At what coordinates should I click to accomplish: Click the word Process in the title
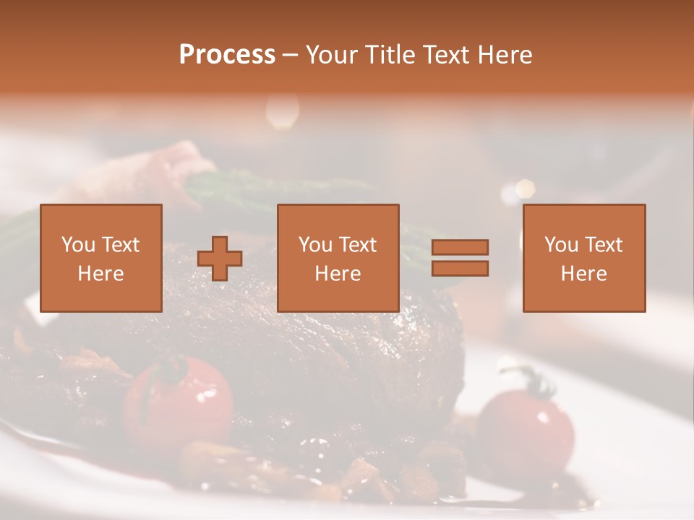[227, 55]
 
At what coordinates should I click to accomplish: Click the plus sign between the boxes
[220, 259]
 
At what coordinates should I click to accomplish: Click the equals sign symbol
[460, 258]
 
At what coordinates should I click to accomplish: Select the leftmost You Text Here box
[101, 258]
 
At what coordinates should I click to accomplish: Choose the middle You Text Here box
[338, 258]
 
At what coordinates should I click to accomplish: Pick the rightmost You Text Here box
[584, 258]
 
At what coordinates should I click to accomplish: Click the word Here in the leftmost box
[101, 274]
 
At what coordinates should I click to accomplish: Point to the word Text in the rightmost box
[603, 245]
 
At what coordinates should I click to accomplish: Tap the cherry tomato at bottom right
[526, 426]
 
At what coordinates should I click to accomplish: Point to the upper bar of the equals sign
[460, 247]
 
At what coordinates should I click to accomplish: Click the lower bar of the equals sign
[460, 269]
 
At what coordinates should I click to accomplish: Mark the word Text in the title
[443, 55]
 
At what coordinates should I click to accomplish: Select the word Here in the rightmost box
[584, 274]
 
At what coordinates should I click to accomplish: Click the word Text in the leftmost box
[120, 245]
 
